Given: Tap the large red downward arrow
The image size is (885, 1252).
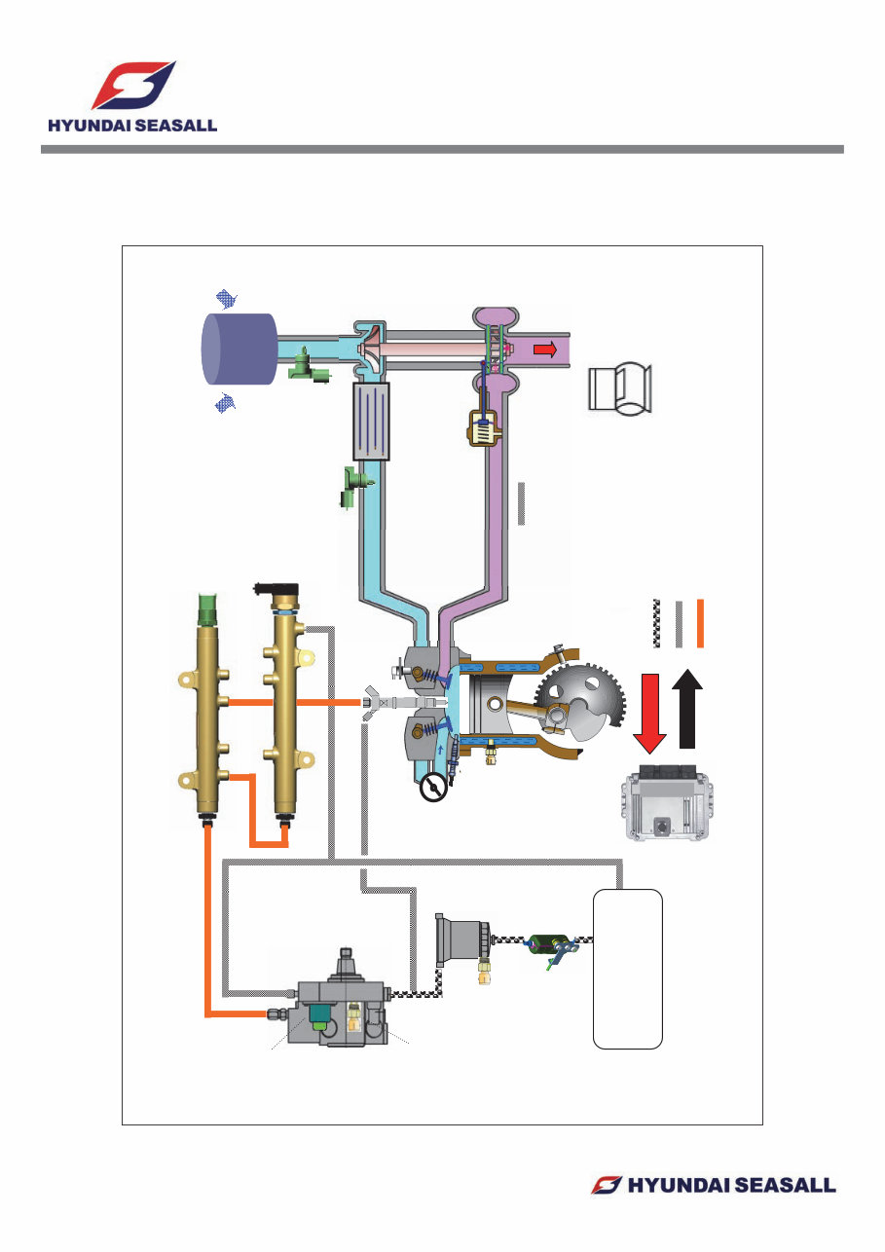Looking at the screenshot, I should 649,710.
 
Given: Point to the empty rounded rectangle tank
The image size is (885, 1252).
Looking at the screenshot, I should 628,968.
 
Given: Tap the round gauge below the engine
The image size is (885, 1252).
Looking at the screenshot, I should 433,787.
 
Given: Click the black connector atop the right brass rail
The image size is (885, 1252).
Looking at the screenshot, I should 277,589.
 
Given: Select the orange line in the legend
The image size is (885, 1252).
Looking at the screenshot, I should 700,623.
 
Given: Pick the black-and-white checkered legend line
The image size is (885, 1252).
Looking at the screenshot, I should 656,623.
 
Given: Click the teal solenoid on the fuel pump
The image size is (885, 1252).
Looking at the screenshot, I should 318,1015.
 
